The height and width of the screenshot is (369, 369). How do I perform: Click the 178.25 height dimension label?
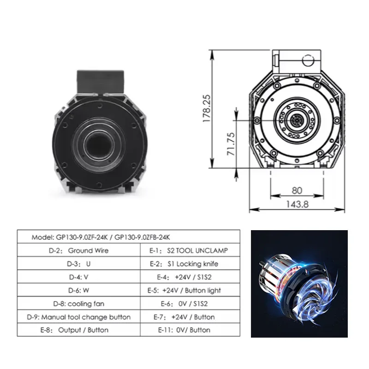click(x=206, y=108)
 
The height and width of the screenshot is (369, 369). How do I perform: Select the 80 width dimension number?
click(x=297, y=190)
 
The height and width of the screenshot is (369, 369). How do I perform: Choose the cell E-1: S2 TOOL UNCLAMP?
click(x=189, y=250)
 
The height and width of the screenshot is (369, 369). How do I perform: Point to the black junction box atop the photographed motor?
click(x=100, y=81)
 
